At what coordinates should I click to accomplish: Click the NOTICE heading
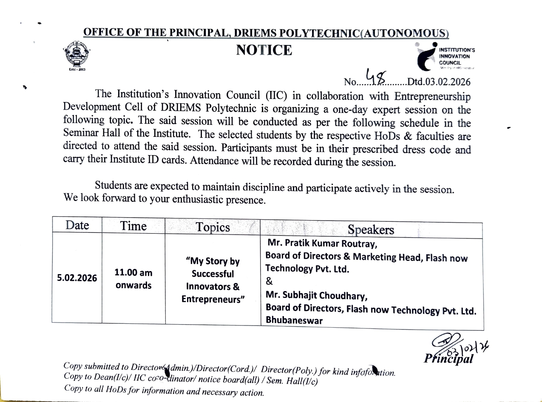click(x=264, y=50)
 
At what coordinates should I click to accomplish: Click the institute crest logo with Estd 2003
click(x=77, y=54)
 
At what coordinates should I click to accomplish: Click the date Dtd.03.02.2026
click(x=439, y=82)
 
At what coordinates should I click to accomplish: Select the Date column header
click(x=77, y=225)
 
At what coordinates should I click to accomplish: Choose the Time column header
click(x=133, y=226)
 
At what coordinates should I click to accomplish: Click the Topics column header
click(x=213, y=227)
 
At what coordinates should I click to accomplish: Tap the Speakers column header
click(x=371, y=230)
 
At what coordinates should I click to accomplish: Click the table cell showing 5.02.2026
click(x=77, y=278)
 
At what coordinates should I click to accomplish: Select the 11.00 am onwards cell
click(x=133, y=279)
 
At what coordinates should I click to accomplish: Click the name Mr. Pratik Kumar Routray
click(x=322, y=245)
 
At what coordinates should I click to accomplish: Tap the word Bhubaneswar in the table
click(x=294, y=320)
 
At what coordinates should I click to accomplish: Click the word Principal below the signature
click(x=448, y=359)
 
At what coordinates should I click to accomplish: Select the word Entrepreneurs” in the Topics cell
click(x=213, y=299)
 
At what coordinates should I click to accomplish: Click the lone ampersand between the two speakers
click(x=269, y=281)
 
